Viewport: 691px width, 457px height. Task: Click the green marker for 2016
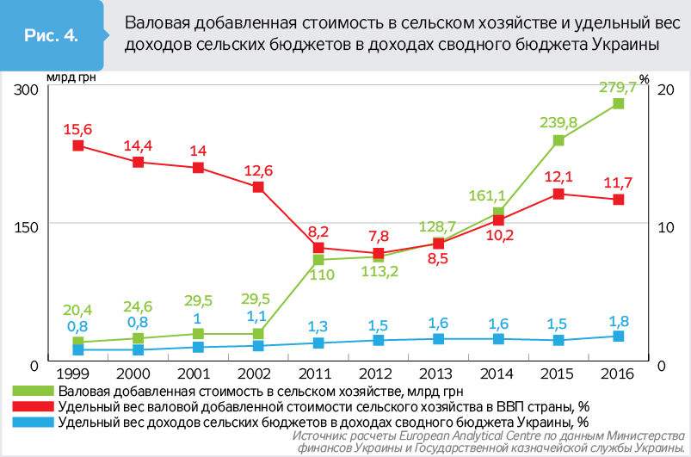pyautogui.click(x=618, y=103)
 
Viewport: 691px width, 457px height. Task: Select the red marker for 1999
pyautogui.click(x=77, y=145)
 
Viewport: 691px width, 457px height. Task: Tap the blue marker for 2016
pyautogui.click(x=618, y=337)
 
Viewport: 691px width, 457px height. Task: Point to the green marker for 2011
pyautogui.click(x=318, y=259)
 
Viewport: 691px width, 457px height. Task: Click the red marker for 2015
pyautogui.click(x=558, y=194)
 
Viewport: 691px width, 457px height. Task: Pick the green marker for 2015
pyautogui.click(x=558, y=140)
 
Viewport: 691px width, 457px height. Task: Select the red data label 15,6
pyautogui.click(x=77, y=129)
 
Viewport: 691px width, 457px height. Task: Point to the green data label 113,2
pyautogui.click(x=379, y=274)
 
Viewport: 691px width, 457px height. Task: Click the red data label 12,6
pyautogui.click(x=258, y=170)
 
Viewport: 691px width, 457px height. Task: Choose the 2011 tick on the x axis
pyautogui.click(x=318, y=374)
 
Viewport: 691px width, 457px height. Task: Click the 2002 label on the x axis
pyautogui.click(x=258, y=374)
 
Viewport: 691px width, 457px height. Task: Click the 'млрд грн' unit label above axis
pyautogui.click(x=71, y=77)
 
